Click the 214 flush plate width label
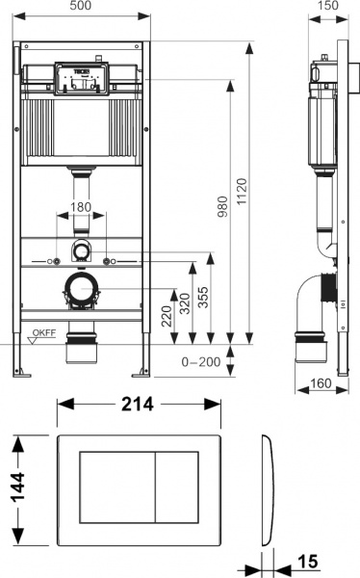pos(139,405)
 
